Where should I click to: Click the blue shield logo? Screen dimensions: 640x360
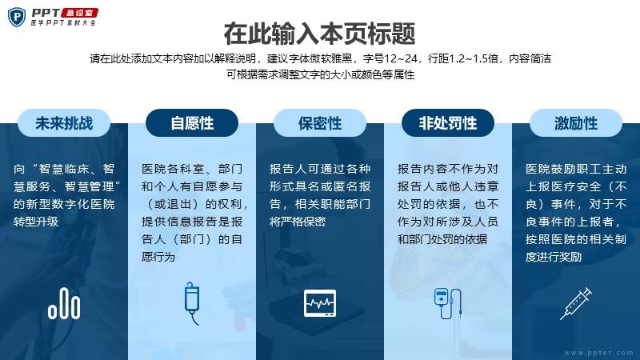(17, 17)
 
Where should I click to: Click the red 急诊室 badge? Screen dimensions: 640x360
(79, 13)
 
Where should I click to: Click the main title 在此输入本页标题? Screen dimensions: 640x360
(319, 34)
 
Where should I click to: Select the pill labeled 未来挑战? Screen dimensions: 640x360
(64, 123)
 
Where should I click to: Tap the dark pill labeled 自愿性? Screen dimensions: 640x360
(192, 123)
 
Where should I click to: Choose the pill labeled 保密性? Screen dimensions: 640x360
(320, 123)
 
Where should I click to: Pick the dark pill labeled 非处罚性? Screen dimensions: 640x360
(448, 123)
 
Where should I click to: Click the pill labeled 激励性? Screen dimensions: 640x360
(576, 123)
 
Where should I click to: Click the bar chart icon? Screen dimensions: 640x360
(64, 303)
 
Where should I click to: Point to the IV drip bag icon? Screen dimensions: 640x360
(192, 303)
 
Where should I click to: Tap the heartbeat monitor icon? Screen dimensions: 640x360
(320, 303)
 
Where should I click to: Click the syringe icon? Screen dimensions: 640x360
(576, 303)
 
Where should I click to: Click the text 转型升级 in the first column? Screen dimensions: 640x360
(36, 222)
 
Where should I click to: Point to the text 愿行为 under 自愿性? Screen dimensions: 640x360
(158, 257)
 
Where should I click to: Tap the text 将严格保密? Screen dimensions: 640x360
(297, 222)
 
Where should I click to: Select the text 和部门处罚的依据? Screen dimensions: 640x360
(442, 239)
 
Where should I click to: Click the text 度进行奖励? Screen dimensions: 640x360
(554, 257)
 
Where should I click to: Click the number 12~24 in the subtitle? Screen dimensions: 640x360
(401, 58)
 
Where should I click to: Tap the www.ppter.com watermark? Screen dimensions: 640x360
(598, 353)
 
